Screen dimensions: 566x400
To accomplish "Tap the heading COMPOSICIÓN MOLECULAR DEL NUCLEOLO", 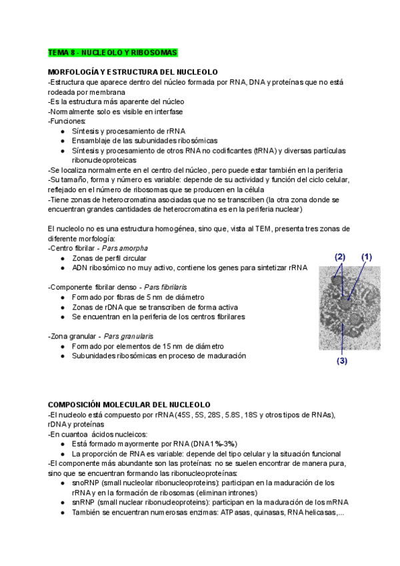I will (x=129, y=404).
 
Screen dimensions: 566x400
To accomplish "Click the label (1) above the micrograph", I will (x=366, y=256).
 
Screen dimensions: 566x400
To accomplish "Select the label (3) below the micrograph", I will (x=342, y=362).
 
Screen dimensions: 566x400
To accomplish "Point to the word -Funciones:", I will (x=67, y=121).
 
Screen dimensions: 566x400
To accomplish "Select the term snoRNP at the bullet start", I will (x=87, y=463).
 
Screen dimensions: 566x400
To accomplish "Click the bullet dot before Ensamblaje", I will (x=63, y=141).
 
